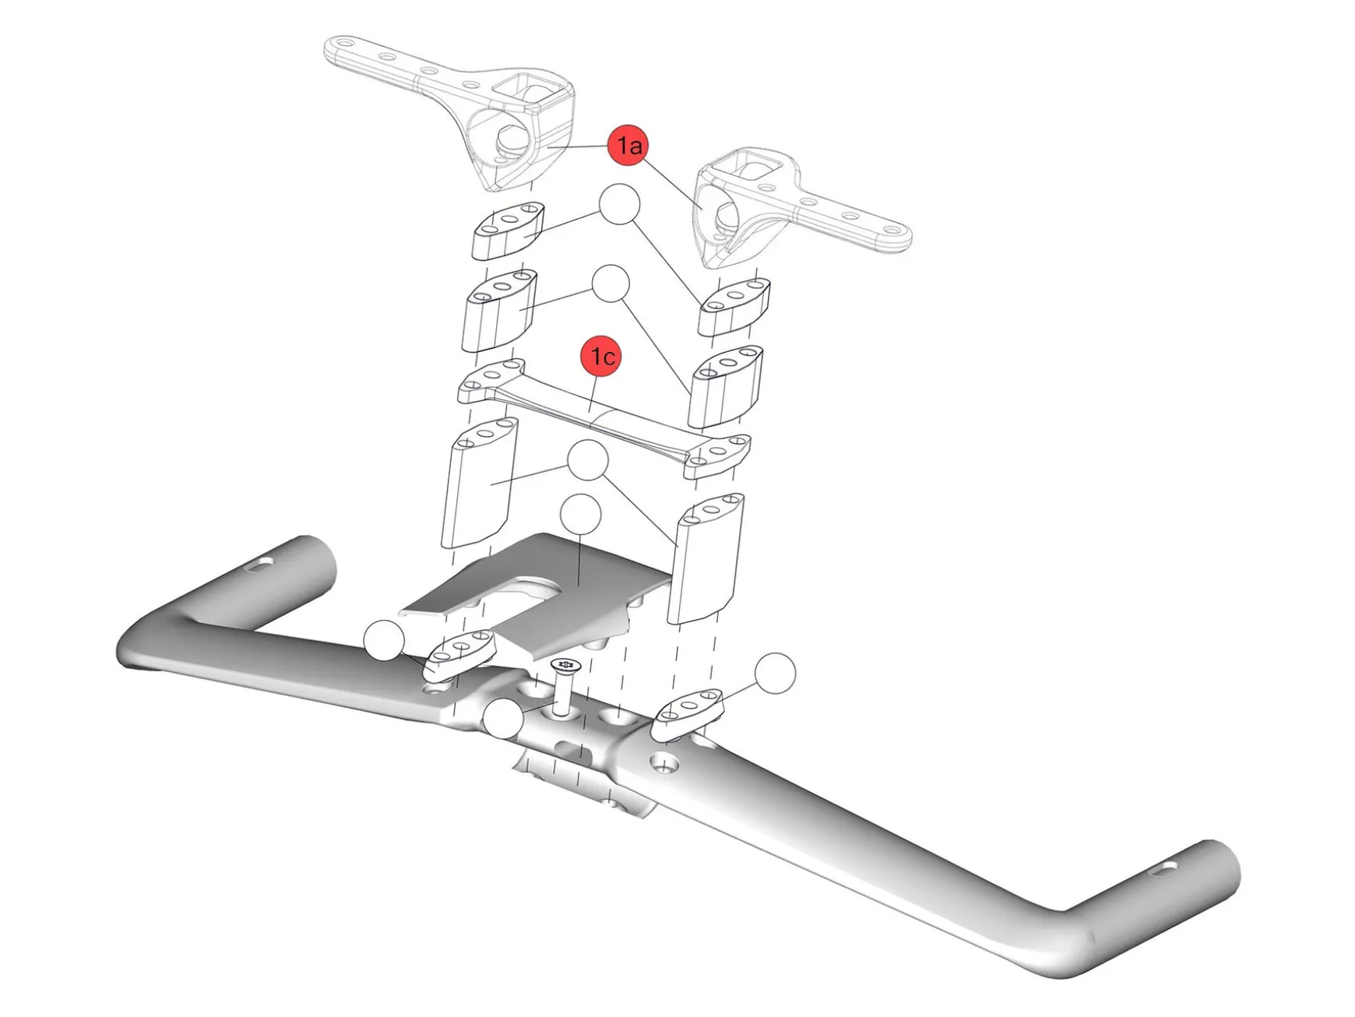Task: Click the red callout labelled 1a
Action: (x=628, y=145)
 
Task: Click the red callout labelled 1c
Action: (x=602, y=356)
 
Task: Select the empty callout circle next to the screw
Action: (x=503, y=720)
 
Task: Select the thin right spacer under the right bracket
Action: (x=735, y=306)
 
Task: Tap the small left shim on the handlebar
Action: (x=460, y=654)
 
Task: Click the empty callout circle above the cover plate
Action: (x=580, y=514)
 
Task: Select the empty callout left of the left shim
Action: (x=384, y=641)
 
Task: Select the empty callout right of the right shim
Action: (x=776, y=673)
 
